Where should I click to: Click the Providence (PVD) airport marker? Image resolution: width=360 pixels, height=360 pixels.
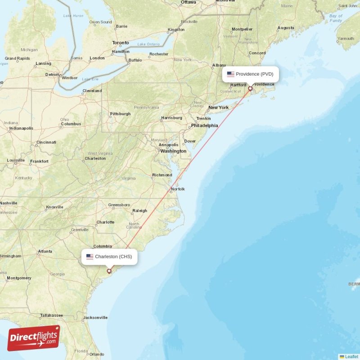(x=250, y=89)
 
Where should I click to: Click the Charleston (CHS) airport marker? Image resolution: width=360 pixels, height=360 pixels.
(x=109, y=271)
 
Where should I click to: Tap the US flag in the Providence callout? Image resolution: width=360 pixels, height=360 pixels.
(x=231, y=74)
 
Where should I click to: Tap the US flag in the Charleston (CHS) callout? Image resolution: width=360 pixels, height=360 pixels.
(x=90, y=257)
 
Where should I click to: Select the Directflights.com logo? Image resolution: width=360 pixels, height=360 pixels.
(x=33, y=338)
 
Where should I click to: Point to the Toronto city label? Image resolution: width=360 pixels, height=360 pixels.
(x=121, y=43)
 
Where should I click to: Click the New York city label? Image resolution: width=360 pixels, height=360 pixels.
(x=218, y=108)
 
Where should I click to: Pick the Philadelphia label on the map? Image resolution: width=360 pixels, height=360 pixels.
(x=204, y=126)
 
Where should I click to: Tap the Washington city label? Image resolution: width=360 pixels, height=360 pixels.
(x=173, y=151)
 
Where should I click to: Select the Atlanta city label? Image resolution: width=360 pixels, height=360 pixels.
(x=45, y=252)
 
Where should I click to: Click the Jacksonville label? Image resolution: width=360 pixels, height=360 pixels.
(x=95, y=318)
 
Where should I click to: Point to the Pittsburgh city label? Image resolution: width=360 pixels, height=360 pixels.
(x=120, y=114)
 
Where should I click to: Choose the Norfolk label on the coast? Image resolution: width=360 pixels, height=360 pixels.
(x=178, y=189)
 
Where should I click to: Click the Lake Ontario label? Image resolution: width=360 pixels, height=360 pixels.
(x=148, y=44)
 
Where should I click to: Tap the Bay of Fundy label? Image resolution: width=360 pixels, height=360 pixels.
(x=336, y=18)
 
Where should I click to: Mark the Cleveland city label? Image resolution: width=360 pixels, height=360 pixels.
(x=92, y=91)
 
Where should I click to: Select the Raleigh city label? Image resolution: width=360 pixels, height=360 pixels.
(x=139, y=211)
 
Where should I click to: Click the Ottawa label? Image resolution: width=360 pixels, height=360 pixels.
(x=188, y=2)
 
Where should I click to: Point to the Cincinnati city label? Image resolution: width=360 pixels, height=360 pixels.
(x=46, y=143)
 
